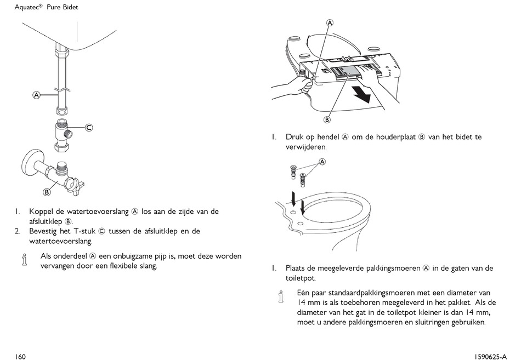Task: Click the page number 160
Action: click(20, 357)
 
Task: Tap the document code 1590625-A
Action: click(491, 357)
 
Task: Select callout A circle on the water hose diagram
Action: click(36, 95)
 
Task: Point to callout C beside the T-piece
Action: click(88, 128)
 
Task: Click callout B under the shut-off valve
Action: click(47, 192)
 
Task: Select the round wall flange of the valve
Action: click(29, 163)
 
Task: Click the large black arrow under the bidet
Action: click(361, 94)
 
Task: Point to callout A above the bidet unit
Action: click(330, 23)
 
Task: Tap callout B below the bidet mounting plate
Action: click(327, 119)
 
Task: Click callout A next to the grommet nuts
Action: click(322, 162)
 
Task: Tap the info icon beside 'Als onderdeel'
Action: click(24, 260)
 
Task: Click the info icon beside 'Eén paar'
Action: click(281, 297)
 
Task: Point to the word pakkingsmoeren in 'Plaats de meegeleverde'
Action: click(394, 268)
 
